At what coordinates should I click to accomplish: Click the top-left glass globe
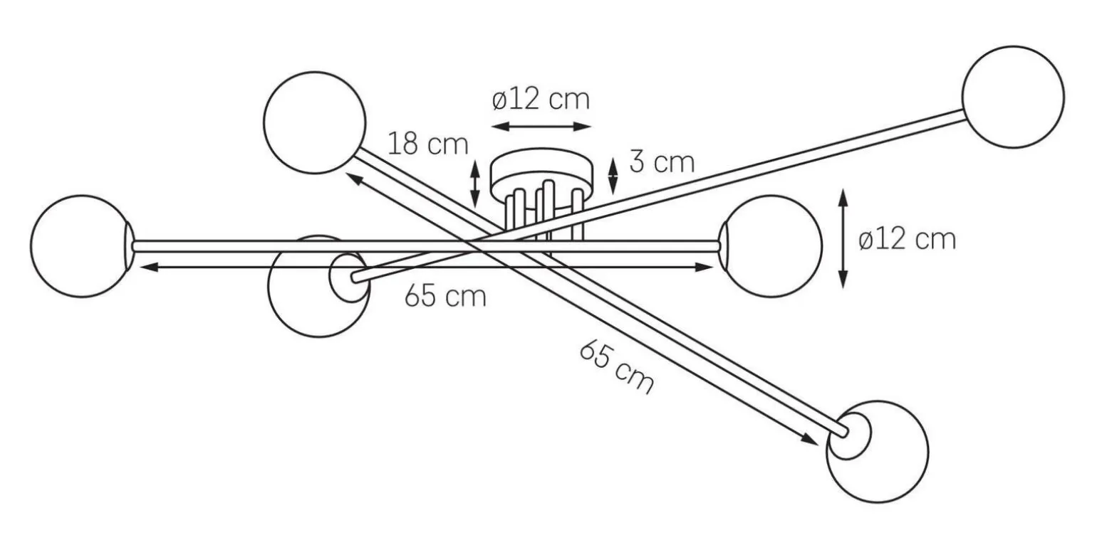click(315, 123)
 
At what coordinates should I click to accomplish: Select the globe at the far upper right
click(1013, 97)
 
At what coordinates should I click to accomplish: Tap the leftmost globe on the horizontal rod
click(82, 246)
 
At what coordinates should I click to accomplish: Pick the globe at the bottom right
click(878, 451)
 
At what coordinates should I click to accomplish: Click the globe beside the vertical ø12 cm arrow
click(771, 246)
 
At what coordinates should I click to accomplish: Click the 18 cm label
click(428, 144)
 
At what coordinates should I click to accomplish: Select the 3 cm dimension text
click(662, 162)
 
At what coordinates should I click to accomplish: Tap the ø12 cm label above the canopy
click(541, 100)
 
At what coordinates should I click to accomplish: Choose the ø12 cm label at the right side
click(907, 240)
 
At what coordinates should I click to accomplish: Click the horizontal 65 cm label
click(445, 297)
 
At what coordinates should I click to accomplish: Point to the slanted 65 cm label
click(617, 367)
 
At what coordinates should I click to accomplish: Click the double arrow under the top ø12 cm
click(541, 127)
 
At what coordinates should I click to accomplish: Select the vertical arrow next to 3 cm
click(613, 176)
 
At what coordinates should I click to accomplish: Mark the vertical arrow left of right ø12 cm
click(843, 238)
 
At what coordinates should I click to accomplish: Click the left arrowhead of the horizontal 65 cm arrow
click(147, 267)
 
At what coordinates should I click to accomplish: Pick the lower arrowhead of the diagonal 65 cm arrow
click(809, 439)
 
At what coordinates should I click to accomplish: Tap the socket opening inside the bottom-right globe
click(849, 435)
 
